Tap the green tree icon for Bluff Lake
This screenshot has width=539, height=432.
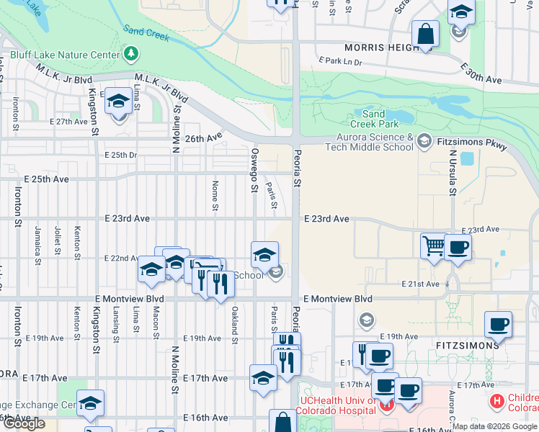click(130, 53)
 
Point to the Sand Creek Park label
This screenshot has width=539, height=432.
click(373, 120)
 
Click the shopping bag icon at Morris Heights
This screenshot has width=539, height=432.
click(426, 35)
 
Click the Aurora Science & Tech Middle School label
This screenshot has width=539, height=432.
click(375, 142)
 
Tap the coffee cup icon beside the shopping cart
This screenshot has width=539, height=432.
click(458, 248)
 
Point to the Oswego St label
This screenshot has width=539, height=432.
click(254, 171)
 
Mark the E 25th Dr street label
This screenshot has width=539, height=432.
click(120, 155)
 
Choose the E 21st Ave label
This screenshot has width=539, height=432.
click(421, 284)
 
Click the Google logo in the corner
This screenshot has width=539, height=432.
click(24, 423)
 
